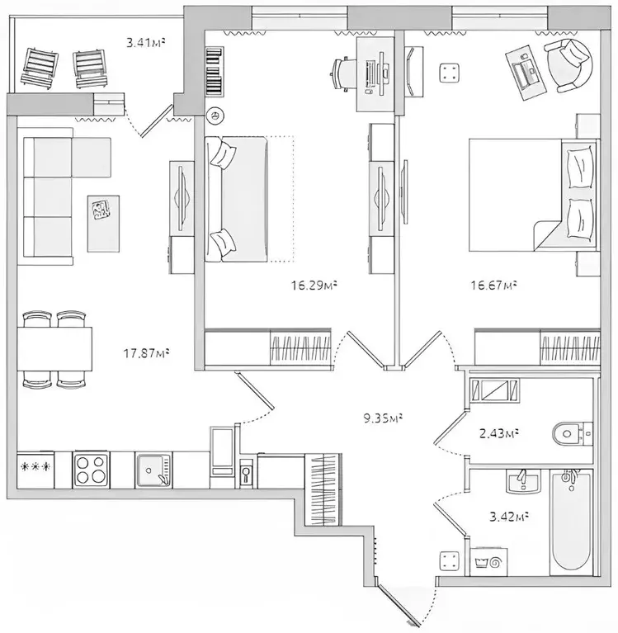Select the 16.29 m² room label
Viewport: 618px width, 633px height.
coord(313,286)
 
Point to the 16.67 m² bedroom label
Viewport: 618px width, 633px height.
coord(493,286)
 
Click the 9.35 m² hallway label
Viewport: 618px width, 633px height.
coord(382,418)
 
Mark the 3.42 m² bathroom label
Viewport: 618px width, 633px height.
coord(506,517)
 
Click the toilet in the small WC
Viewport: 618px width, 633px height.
coord(573,432)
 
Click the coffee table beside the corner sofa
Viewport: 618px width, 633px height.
coord(103,224)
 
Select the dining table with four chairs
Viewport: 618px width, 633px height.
coord(55,349)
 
